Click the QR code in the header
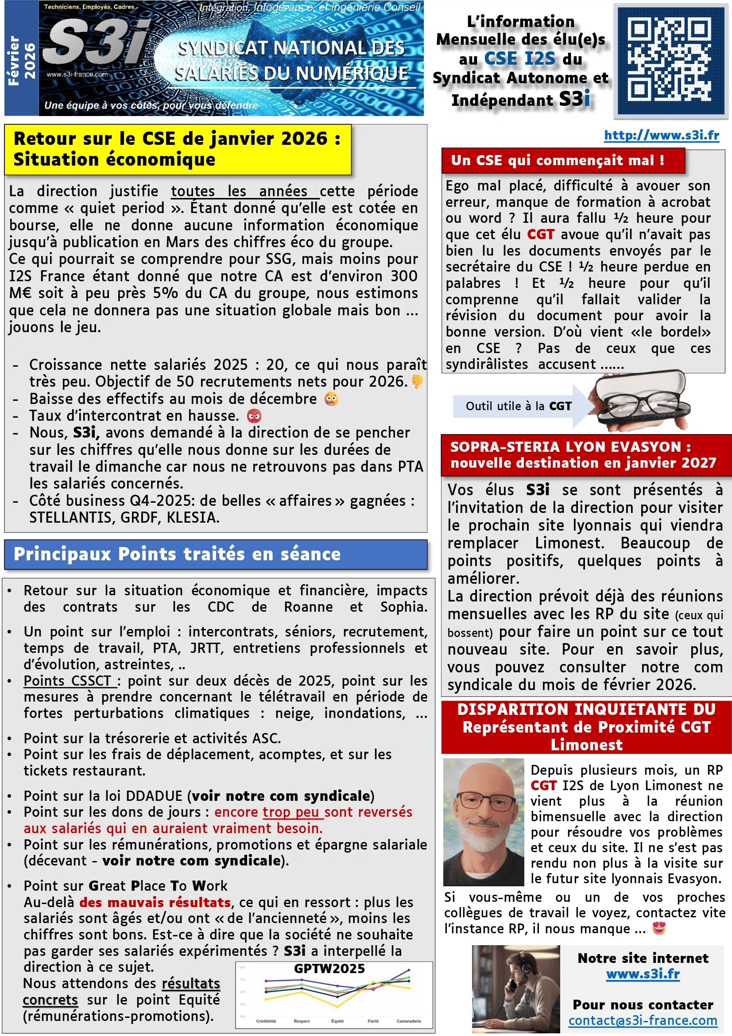point(670,60)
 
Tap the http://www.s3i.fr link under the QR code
point(661,135)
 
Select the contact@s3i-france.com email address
point(642,1020)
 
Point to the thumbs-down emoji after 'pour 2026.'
point(417,382)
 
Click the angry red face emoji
point(254,415)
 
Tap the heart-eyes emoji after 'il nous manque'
point(659,929)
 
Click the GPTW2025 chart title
point(329,969)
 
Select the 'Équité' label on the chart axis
point(337,1021)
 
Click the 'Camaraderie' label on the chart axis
point(409,1021)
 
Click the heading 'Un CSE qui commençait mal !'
point(558,160)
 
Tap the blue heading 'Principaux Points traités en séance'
point(177,554)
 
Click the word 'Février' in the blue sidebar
point(14,61)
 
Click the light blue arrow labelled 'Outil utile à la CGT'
point(519,406)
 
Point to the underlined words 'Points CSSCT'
point(68,680)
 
